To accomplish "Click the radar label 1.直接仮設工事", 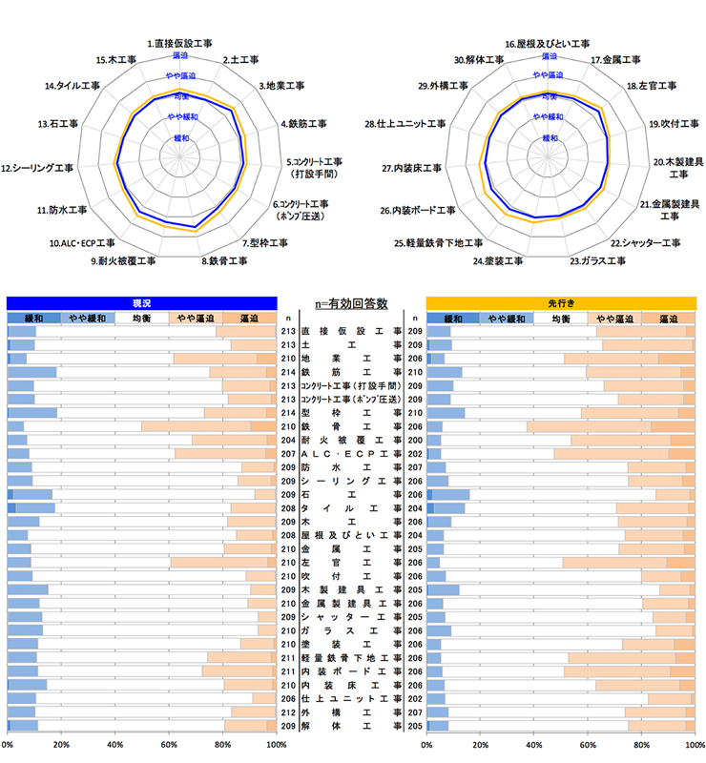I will pos(180,44).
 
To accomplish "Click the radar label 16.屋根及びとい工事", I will pos(547,44).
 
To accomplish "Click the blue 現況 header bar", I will pos(141,302).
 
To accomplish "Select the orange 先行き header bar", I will pos(560,302).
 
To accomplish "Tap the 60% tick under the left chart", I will pos(169,745).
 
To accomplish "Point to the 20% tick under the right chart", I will pos(480,745).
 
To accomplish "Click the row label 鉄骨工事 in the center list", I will pos(351,426).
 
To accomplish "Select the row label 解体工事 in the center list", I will pos(351,726).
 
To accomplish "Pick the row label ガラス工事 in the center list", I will pos(351,630).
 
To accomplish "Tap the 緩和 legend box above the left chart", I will pos(33,318).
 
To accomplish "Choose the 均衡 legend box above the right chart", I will pos(560,318).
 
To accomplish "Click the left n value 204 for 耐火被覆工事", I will pos(288,441).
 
